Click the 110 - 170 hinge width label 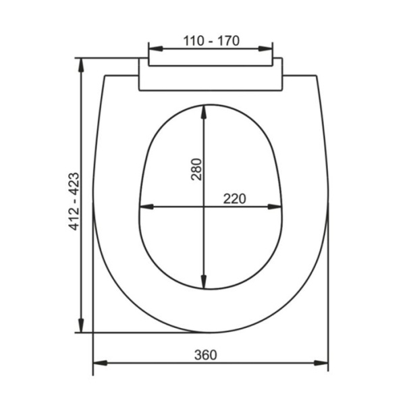(x=211, y=40)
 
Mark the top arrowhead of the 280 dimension (x=203, y=109)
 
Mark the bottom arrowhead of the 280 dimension (x=203, y=283)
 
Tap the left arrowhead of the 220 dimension (x=144, y=207)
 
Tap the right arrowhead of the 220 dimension (x=275, y=207)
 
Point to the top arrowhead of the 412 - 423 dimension (x=81, y=64)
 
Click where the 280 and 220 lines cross (x=203, y=207)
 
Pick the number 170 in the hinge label (x=227, y=40)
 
